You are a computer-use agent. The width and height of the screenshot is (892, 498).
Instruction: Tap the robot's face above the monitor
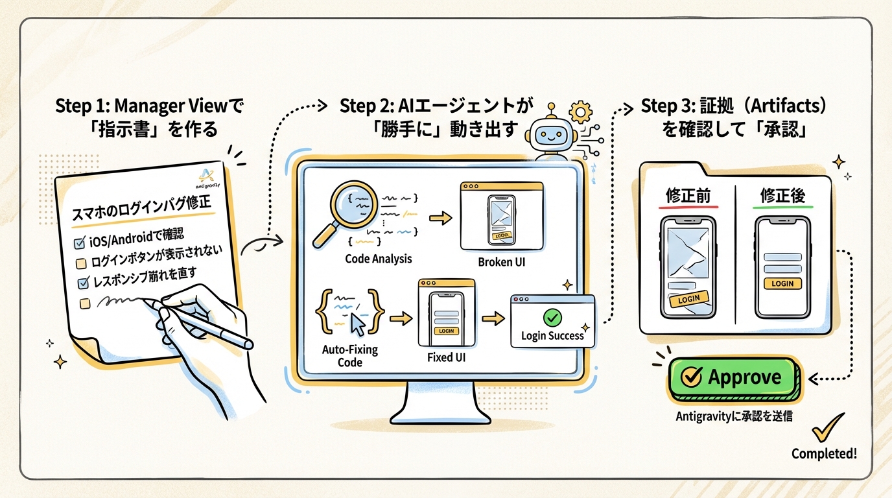click(x=549, y=137)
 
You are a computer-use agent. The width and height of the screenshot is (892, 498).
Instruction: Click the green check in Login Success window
click(x=552, y=317)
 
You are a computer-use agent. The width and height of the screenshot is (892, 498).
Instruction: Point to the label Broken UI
click(x=502, y=262)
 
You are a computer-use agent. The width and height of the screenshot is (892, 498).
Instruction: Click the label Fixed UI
click(x=446, y=357)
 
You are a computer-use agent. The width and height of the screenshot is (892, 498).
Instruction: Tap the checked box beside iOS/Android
click(x=80, y=243)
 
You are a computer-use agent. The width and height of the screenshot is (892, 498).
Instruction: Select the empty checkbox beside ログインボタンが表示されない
click(x=81, y=263)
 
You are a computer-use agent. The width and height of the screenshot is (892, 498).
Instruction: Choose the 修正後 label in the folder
click(x=784, y=195)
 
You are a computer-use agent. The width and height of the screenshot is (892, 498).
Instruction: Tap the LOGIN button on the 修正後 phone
click(x=782, y=283)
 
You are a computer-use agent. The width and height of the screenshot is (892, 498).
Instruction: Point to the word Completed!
click(x=824, y=454)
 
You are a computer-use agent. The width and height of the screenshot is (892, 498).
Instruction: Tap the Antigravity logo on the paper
click(x=207, y=179)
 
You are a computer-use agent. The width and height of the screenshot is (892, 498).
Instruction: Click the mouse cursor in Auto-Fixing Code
click(x=357, y=322)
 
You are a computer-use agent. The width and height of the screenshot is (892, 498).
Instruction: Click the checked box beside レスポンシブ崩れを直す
click(x=83, y=283)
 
